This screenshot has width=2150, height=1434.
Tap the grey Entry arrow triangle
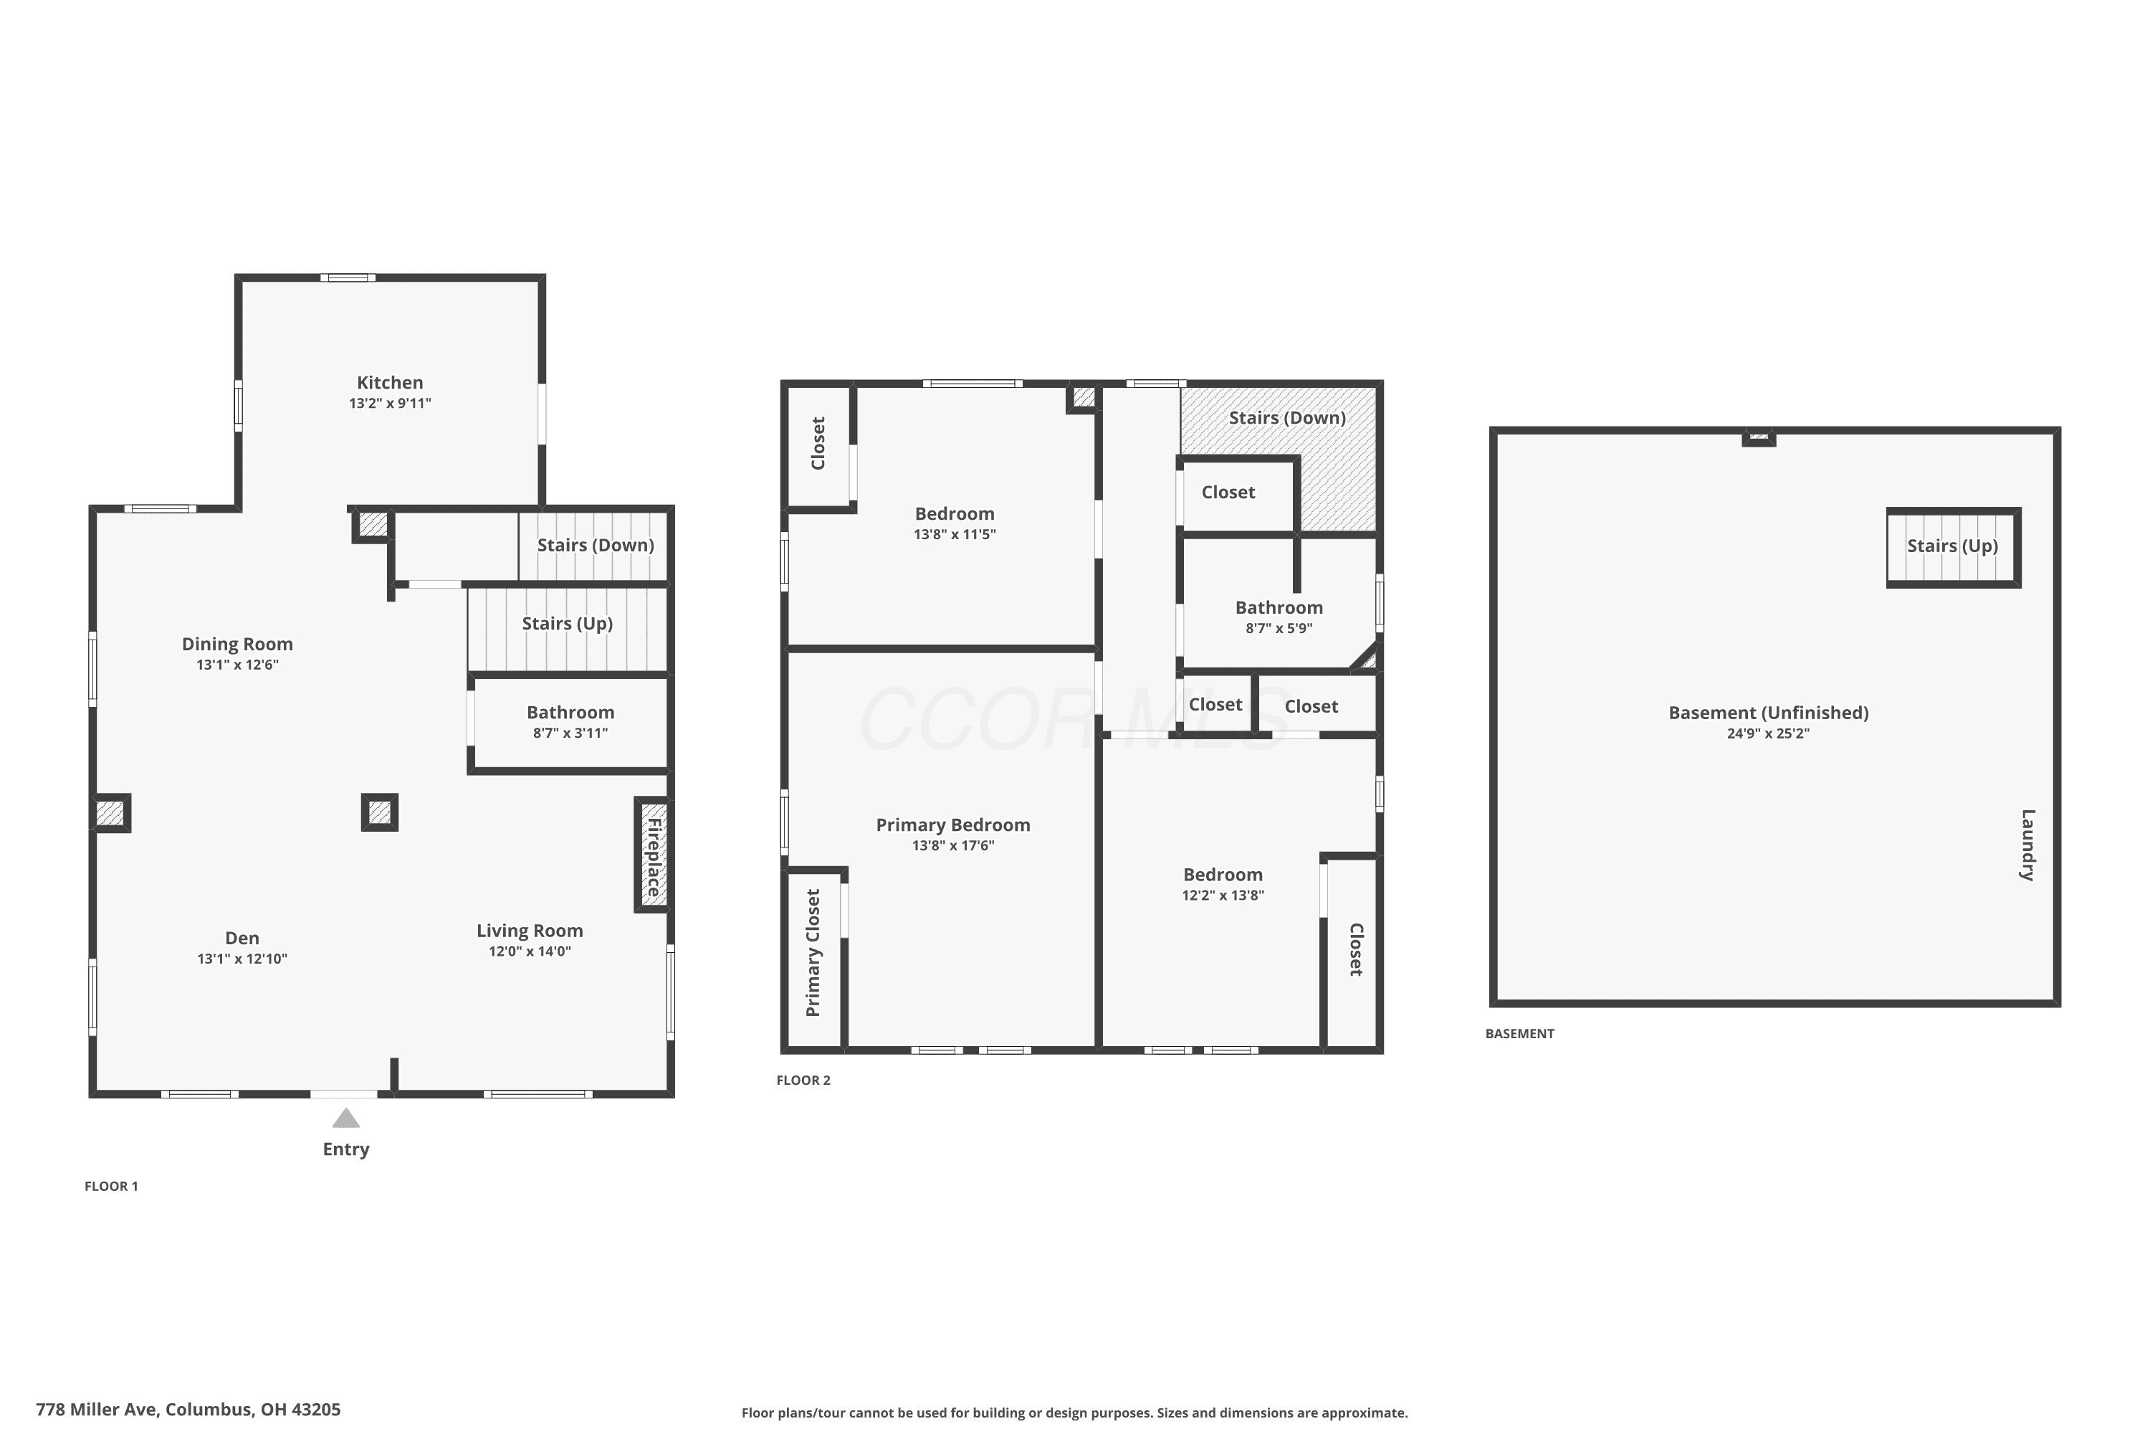point(345,1118)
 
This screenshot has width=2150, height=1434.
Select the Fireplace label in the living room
point(654,857)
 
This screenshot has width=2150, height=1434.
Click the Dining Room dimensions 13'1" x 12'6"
point(238,665)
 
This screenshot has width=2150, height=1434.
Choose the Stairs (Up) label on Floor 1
point(567,624)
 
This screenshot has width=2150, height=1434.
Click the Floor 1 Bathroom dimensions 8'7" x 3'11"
point(570,733)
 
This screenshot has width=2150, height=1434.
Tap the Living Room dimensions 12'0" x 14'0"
point(530,951)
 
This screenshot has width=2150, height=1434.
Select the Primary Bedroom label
point(953,825)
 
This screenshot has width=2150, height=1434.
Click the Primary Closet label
point(813,953)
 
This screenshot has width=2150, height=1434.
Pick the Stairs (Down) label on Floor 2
point(1287,418)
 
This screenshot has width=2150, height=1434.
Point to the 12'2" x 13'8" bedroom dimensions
point(1223,896)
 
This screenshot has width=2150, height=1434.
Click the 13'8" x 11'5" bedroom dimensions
point(955,534)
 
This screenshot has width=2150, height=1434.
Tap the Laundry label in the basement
point(2027,845)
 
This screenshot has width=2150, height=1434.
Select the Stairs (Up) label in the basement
point(1952,546)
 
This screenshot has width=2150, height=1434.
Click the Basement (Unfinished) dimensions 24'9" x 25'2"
point(1768,733)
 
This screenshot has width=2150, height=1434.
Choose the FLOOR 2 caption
point(803,1080)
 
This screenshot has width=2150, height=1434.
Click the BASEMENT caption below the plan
point(1519,1033)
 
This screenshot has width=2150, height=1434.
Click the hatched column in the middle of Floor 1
point(379,812)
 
